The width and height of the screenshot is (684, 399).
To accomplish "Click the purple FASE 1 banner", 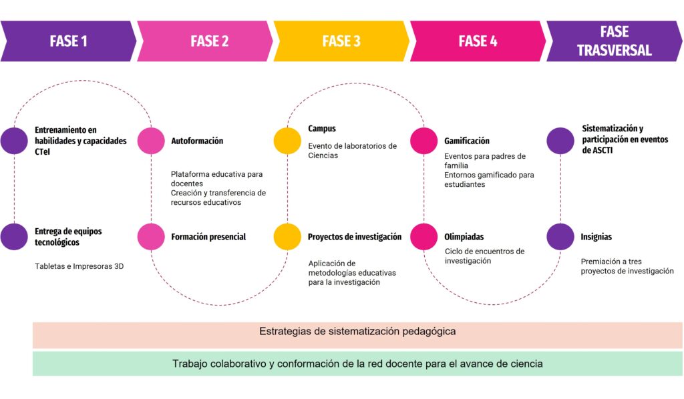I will point(68,41).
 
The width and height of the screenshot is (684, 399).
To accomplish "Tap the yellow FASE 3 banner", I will point(341,41).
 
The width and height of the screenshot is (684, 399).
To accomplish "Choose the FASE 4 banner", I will point(478,41).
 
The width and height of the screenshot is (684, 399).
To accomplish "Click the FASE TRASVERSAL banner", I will point(614,41).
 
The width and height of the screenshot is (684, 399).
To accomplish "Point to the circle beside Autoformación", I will point(151,141).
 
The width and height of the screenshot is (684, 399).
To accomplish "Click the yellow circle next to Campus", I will point(287,141).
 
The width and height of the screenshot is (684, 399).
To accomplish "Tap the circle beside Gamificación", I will point(423,141).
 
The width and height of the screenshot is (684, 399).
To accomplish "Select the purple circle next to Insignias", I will point(560,237).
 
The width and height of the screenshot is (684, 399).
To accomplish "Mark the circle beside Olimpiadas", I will point(423,237).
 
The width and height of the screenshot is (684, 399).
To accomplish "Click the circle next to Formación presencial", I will point(151,237).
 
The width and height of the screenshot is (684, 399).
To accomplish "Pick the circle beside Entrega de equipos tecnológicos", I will point(14,237).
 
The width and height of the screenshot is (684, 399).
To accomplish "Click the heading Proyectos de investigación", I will point(355,237).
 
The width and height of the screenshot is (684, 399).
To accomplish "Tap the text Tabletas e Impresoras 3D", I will point(79,266).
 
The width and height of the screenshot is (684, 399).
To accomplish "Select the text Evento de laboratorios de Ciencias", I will point(352,151).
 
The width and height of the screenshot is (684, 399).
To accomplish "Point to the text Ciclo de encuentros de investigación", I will point(484,256).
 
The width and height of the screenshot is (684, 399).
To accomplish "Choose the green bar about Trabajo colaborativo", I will point(357,364).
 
